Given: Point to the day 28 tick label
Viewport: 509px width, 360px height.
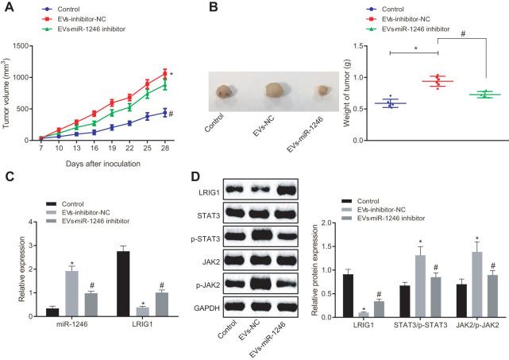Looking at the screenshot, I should click(x=165, y=149).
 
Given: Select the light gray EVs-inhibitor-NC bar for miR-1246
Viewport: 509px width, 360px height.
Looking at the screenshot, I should click(x=71, y=293).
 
